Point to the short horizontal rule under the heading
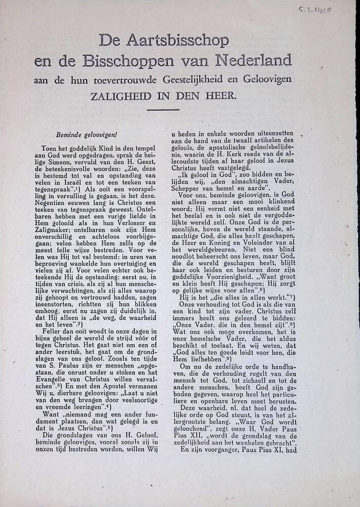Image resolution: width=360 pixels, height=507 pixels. pos(163,110)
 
